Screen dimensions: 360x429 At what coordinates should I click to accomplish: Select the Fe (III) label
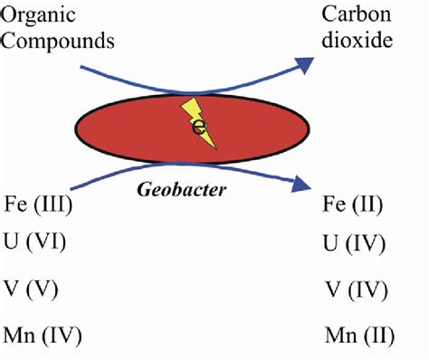(38, 204)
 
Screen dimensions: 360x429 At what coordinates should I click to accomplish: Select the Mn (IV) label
(42, 336)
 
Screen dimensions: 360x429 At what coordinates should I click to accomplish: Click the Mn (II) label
(355, 336)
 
